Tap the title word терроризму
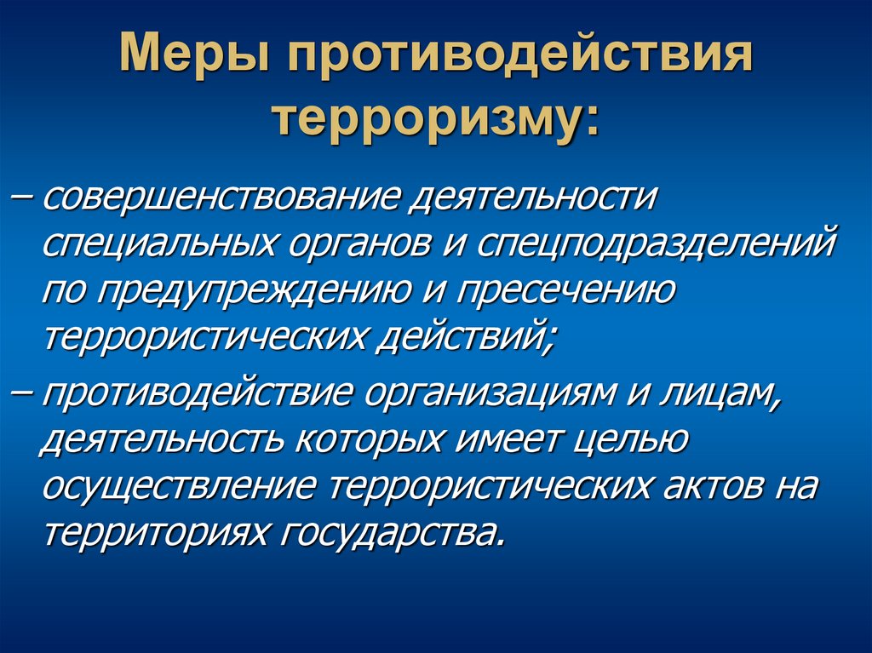pyautogui.click(x=435, y=118)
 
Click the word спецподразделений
pyautogui.click(x=656, y=247)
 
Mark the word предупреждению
pyautogui.click(x=265, y=291)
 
